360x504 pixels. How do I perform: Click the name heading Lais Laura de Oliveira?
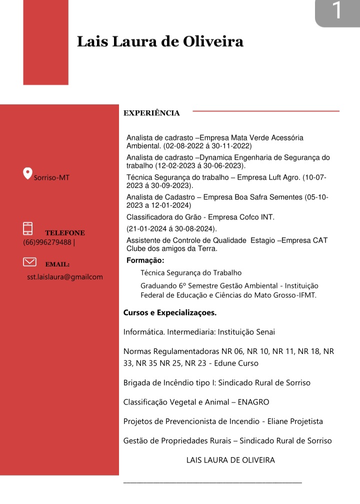(160, 41)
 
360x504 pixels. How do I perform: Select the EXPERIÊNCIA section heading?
(151, 113)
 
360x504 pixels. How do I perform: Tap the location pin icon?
(28, 173)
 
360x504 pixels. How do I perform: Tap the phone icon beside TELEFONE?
(28, 228)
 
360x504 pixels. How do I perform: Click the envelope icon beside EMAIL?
(30, 261)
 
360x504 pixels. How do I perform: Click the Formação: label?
(145, 260)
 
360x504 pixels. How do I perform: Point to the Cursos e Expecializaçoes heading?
(170, 313)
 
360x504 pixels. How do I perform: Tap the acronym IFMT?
(306, 295)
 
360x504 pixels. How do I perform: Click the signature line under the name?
(212, 482)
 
